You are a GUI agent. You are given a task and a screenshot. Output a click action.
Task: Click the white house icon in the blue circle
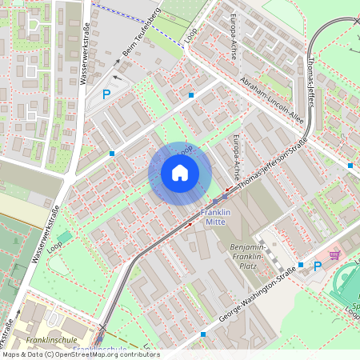pos(180,173)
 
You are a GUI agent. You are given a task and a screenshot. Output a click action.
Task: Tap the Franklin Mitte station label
pos(215,218)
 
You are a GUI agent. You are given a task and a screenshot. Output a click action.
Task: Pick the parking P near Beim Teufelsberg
pos(106,94)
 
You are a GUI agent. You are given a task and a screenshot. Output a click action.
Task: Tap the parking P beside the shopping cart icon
pos(318,266)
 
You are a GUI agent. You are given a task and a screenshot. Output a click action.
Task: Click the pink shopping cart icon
pos(334,255)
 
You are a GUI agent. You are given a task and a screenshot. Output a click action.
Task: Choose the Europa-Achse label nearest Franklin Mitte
pos(237,156)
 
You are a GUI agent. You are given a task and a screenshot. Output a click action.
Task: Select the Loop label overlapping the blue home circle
pos(186,150)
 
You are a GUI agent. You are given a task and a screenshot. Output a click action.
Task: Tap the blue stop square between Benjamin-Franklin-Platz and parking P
pos(301,265)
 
